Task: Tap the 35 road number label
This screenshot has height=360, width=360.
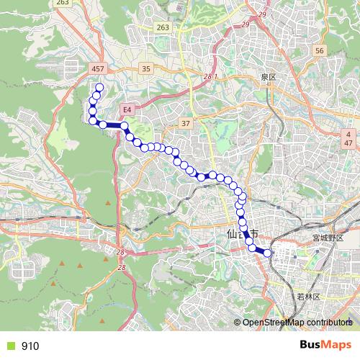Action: [146, 68]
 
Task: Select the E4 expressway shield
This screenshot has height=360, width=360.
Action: [127, 109]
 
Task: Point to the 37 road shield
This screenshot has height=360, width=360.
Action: [185, 124]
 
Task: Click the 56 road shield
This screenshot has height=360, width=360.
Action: [320, 51]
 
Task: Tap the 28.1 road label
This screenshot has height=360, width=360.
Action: [210, 76]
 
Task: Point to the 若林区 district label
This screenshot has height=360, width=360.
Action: [307, 296]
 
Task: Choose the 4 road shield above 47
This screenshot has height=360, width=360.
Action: [348, 135]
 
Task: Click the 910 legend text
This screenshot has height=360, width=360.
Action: [30, 346]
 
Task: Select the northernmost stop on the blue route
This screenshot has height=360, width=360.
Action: [99, 89]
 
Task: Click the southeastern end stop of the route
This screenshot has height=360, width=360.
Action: [267, 252]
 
